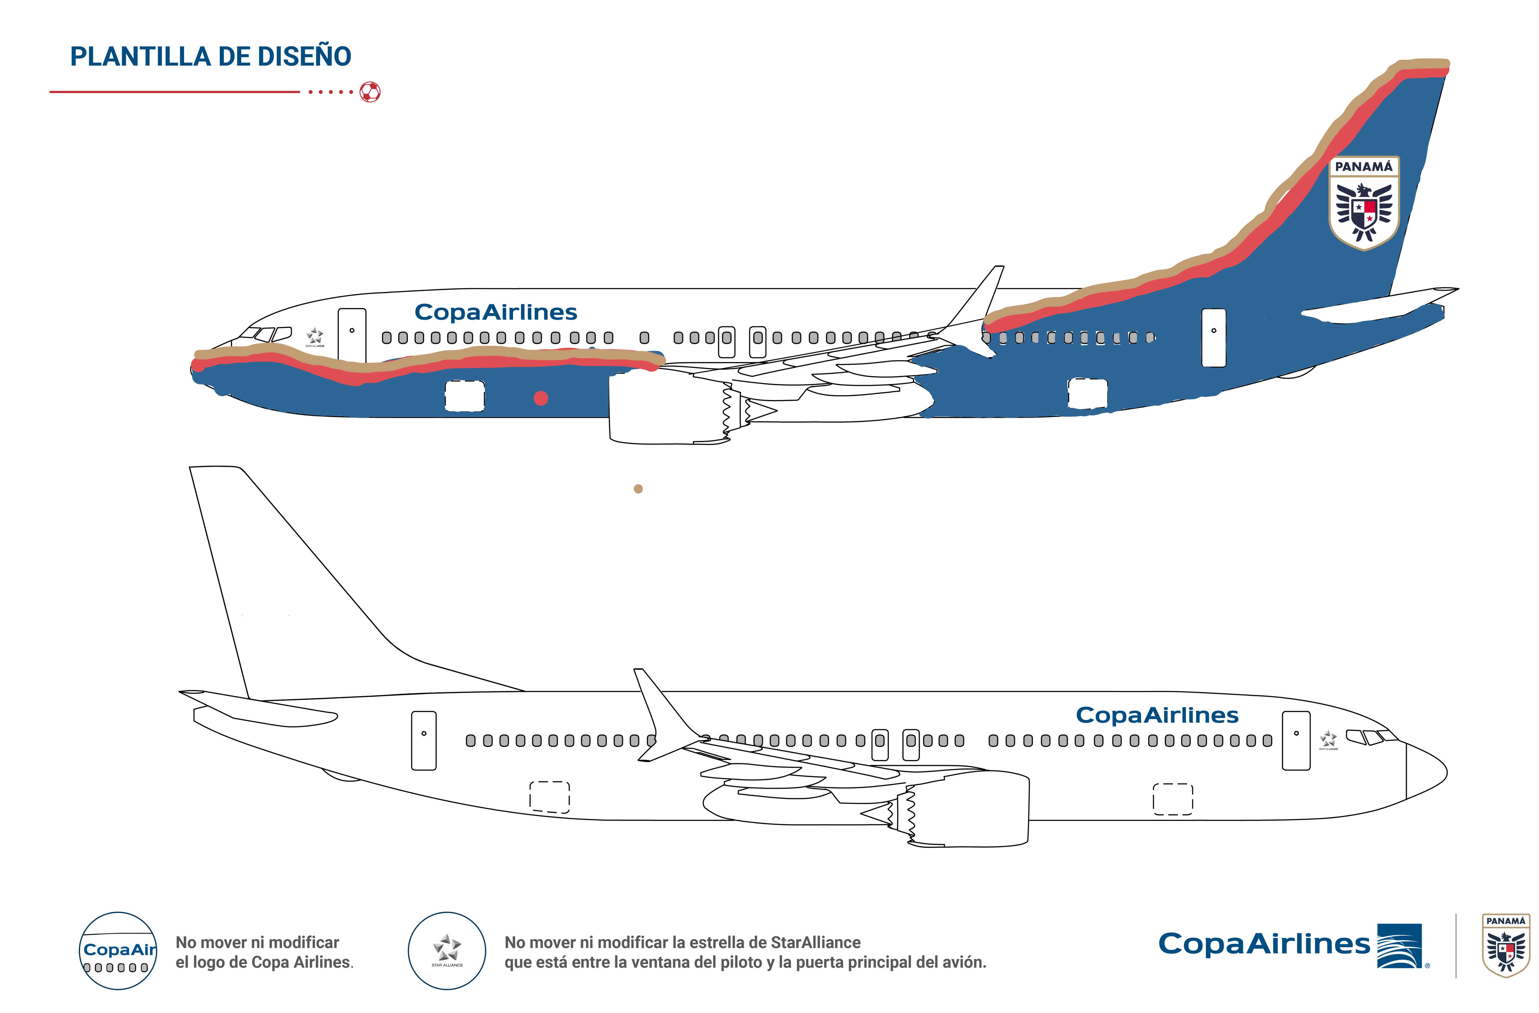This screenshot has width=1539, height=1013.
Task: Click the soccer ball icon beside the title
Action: coord(370,92)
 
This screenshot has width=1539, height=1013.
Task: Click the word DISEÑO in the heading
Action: coord(304,57)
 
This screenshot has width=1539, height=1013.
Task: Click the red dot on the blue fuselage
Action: coord(541,398)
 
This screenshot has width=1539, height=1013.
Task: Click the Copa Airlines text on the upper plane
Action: coord(495,313)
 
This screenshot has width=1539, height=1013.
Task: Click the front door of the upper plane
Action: coord(352,335)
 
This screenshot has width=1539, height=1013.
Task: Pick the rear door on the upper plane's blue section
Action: coord(1214,338)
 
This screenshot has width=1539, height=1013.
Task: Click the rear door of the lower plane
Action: coord(423,741)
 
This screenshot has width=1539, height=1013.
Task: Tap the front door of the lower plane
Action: coord(1296,741)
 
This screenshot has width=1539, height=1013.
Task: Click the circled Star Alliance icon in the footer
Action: coord(447,951)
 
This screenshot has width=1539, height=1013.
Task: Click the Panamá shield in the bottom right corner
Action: coord(1506,945)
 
